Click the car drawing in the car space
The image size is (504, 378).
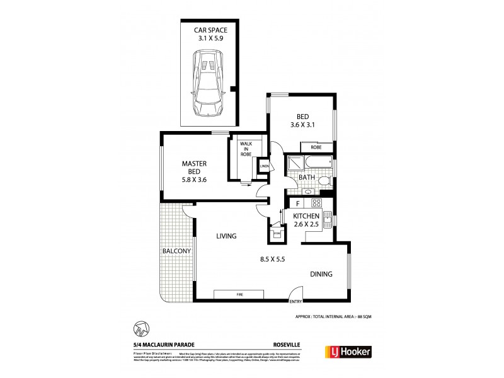point(209,84)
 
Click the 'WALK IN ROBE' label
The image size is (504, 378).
point(246,151)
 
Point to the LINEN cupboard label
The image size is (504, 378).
point(264,166)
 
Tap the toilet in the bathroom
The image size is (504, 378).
point(323,181)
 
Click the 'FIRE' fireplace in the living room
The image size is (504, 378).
point(240,294)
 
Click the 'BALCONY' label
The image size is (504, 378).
point(176,251)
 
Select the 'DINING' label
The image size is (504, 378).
point(320,274)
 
